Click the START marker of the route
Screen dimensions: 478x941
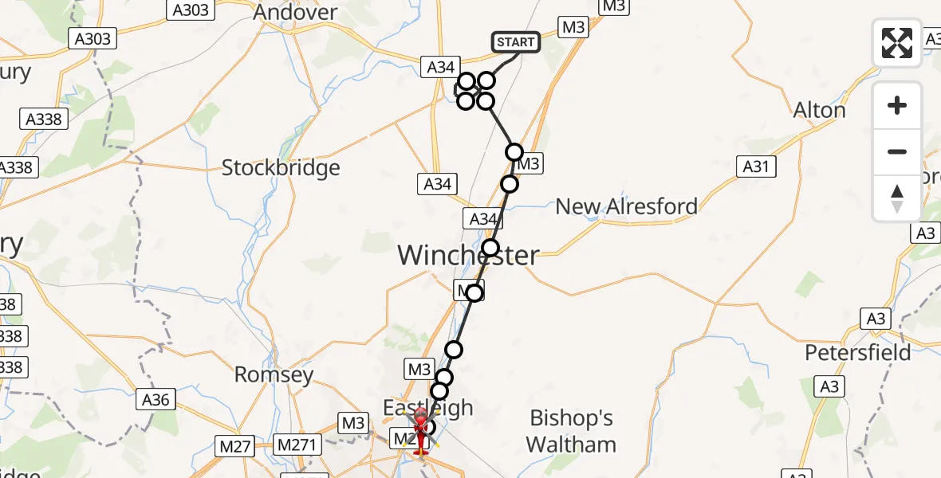pos(517,41)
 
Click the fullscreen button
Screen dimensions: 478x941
pos(897,43)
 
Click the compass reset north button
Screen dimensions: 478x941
pos(897,198)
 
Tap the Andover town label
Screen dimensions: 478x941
pos(295,13)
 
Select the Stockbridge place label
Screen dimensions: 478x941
pos(281,168)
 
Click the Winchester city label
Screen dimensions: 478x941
pos(468,256)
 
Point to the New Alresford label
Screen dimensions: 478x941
pos(626,206)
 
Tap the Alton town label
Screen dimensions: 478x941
pos(820,110)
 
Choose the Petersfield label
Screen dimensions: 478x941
pos(858,352)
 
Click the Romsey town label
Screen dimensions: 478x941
pos(274,374)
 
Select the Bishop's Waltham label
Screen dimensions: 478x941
pos(572,431)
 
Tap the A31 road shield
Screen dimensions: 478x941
pos(756,166)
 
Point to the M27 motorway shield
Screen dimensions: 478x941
pos(235,446)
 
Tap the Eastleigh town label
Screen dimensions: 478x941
pos(427,408)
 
